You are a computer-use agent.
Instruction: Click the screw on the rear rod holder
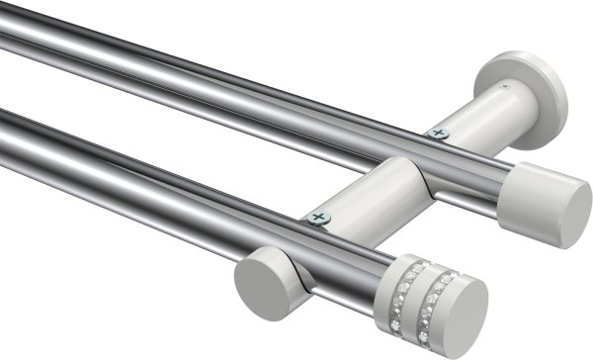coord(439,133)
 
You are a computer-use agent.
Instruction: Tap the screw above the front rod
coord(317,216)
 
